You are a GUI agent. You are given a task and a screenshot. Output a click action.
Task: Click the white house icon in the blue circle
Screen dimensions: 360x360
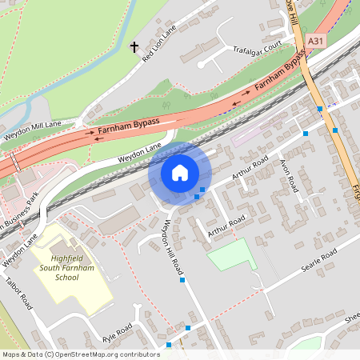[180, 173]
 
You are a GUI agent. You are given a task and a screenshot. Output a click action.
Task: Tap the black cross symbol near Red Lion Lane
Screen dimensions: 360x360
[134, 47]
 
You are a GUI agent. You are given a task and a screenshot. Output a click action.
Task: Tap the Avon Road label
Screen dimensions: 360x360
[289, 175]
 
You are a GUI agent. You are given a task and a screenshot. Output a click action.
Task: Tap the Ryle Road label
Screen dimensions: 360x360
[117, 334]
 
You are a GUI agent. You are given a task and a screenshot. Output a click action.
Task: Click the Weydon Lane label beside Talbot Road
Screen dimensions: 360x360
[19, 249]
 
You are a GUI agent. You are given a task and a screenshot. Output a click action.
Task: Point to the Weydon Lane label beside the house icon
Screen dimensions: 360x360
[140, 153]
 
